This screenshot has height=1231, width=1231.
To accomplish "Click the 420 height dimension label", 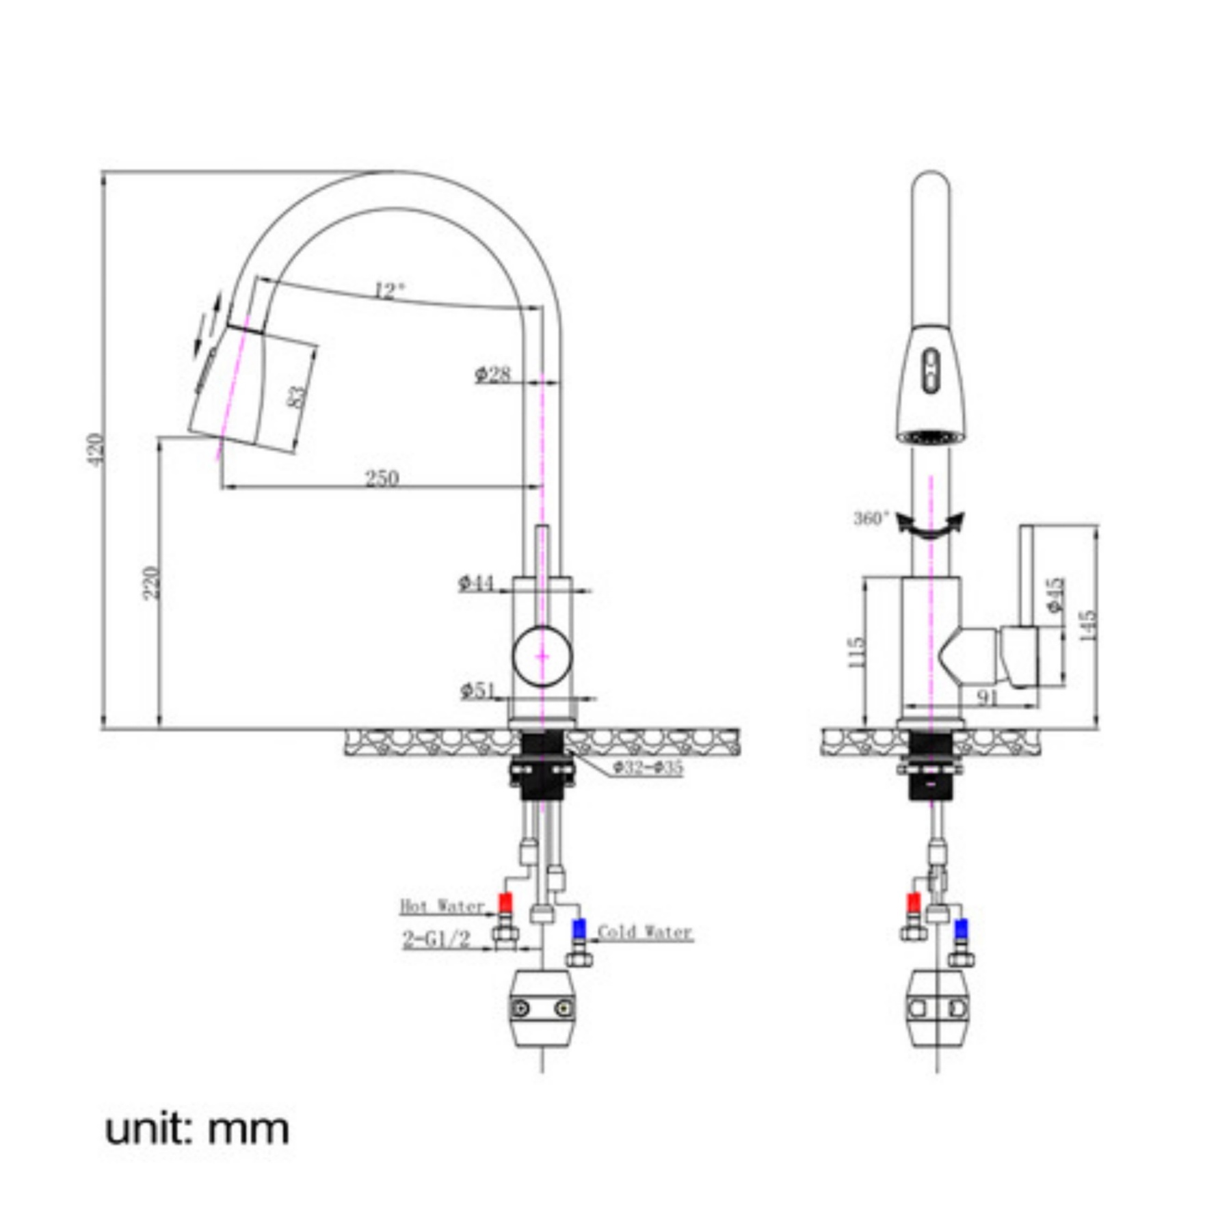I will [x=96, y=450].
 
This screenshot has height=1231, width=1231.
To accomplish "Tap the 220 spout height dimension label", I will [x=152, y=583].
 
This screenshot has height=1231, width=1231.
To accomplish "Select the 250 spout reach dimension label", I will [x=382, y=477].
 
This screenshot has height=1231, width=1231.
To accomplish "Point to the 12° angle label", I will [x=390, y=292].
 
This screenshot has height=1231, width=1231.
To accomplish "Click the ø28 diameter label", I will [x=493, y=373].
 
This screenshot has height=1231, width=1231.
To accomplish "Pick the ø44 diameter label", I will [x=476, y=583].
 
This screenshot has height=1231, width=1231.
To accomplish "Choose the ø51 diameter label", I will [x=477, y=690].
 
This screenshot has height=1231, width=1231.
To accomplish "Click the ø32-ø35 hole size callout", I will [x=647, y=767].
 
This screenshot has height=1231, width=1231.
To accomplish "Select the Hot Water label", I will [x=442, y=906].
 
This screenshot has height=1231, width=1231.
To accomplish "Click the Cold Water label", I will [x=644, y=932].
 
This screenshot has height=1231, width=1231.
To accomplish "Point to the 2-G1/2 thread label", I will [x=436, y=939].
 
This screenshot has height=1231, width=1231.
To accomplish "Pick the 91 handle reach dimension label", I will [x=988, y=698].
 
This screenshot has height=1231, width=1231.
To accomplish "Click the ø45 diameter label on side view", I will [x=1054, y=595].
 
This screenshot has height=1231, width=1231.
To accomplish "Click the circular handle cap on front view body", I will [x=542, y=655].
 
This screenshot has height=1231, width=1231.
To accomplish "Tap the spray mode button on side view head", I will [x=931, y=371].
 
